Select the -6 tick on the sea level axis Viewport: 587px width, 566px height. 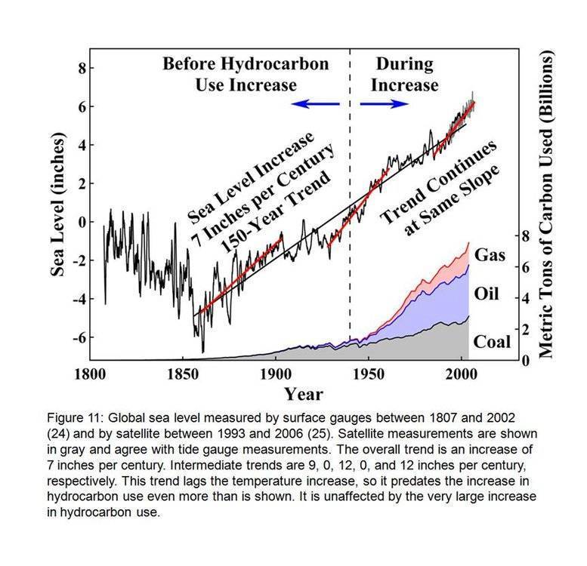coord(77,336)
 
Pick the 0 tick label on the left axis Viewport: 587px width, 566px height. coord(81,222)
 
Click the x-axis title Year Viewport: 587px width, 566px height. coord(304,394)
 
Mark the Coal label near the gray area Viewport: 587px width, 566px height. coord(492,341)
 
